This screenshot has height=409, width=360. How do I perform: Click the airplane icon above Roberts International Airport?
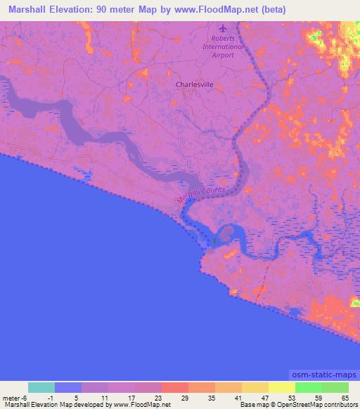point(224,29)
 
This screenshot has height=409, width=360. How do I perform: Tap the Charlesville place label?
point(194,84)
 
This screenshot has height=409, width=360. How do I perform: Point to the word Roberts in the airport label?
point(223,39)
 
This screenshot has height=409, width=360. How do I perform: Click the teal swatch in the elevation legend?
point(41,387)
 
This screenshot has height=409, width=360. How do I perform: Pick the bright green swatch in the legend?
point(308,387)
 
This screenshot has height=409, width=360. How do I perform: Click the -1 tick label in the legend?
point(51,397)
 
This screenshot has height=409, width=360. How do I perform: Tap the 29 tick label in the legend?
point(184,397)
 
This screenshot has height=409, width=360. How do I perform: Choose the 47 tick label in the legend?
point(264,397)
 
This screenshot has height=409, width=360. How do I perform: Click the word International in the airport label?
point(223,46)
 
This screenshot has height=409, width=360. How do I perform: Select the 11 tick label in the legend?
point(105,397)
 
